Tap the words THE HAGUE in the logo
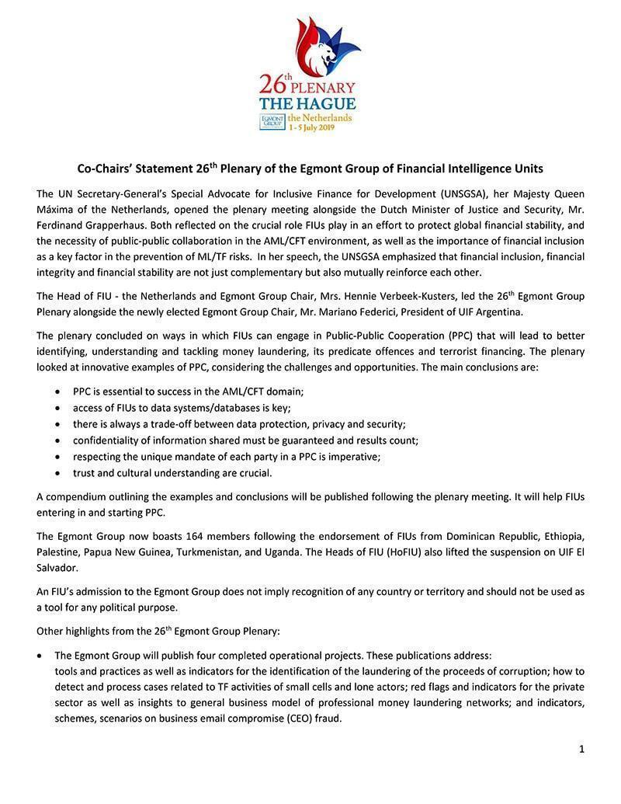point(307,104)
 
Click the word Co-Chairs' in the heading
point(107,168)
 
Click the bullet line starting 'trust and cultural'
point(172,472)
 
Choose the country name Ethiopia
point(560,536)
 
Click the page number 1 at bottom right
point(581,750)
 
